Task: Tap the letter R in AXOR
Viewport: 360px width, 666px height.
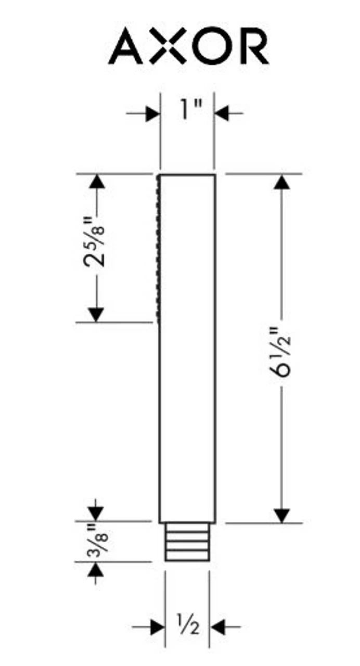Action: (x=252, y=46)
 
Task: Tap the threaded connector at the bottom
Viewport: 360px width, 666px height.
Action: (x=187, y=542)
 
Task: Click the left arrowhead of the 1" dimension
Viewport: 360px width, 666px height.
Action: (x=153, y=113)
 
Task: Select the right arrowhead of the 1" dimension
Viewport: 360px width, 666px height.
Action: (x=222, y=113)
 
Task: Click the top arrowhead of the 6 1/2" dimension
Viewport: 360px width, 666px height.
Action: (x=281, y=183)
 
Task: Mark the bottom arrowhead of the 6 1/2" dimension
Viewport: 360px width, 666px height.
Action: (x=281, y=515)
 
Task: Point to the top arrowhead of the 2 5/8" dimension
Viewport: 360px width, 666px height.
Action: (x=96, y=182)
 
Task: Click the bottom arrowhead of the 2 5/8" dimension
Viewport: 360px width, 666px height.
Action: (x=96, y=314)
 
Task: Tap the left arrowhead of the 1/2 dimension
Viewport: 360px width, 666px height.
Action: (x=158, y=627)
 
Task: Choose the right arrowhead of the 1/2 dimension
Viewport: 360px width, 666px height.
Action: (x=217, y=627)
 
